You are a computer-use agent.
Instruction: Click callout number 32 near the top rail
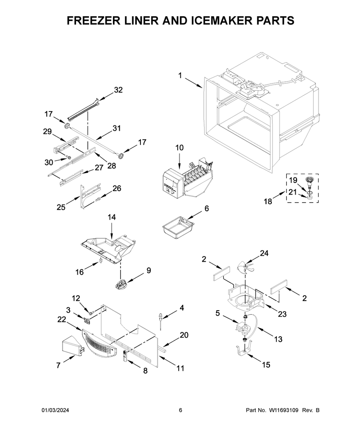point(118,90)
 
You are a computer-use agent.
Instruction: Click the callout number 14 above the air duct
point(112,217)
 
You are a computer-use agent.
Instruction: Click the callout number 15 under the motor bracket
point(266,365)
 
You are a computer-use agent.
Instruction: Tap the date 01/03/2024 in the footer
point(56,410)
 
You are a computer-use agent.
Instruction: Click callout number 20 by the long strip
point(184,334)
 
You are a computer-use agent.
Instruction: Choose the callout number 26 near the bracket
point(117,188)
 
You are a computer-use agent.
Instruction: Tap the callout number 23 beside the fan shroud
point(282,314)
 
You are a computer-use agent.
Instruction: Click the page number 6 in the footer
point(180,410)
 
